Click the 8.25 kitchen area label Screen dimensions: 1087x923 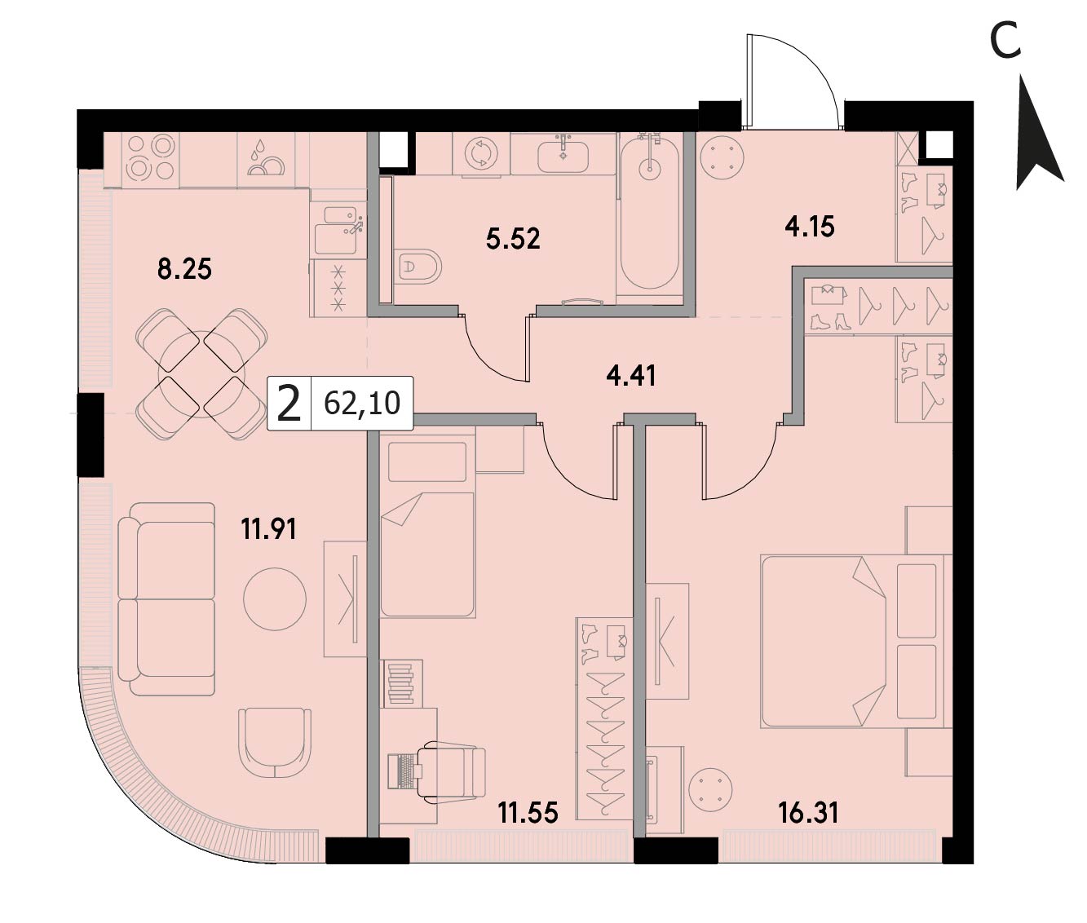tap(184, 270)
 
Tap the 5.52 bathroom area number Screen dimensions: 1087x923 tap(513, 239)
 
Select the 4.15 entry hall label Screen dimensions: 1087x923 tap(810, 227)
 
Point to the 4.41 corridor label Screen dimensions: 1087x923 tap(631, 377)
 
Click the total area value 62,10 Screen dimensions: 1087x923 tap(362, 404)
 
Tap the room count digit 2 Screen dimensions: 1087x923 tap(289, 404)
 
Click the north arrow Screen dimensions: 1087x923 tap(1039, 133)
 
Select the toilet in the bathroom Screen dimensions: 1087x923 tap(418, 267)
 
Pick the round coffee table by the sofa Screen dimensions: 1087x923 tap(275, 598)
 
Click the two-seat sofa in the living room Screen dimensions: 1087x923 tap(166, 598)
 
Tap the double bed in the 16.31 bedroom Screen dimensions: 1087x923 tap(856, 641)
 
